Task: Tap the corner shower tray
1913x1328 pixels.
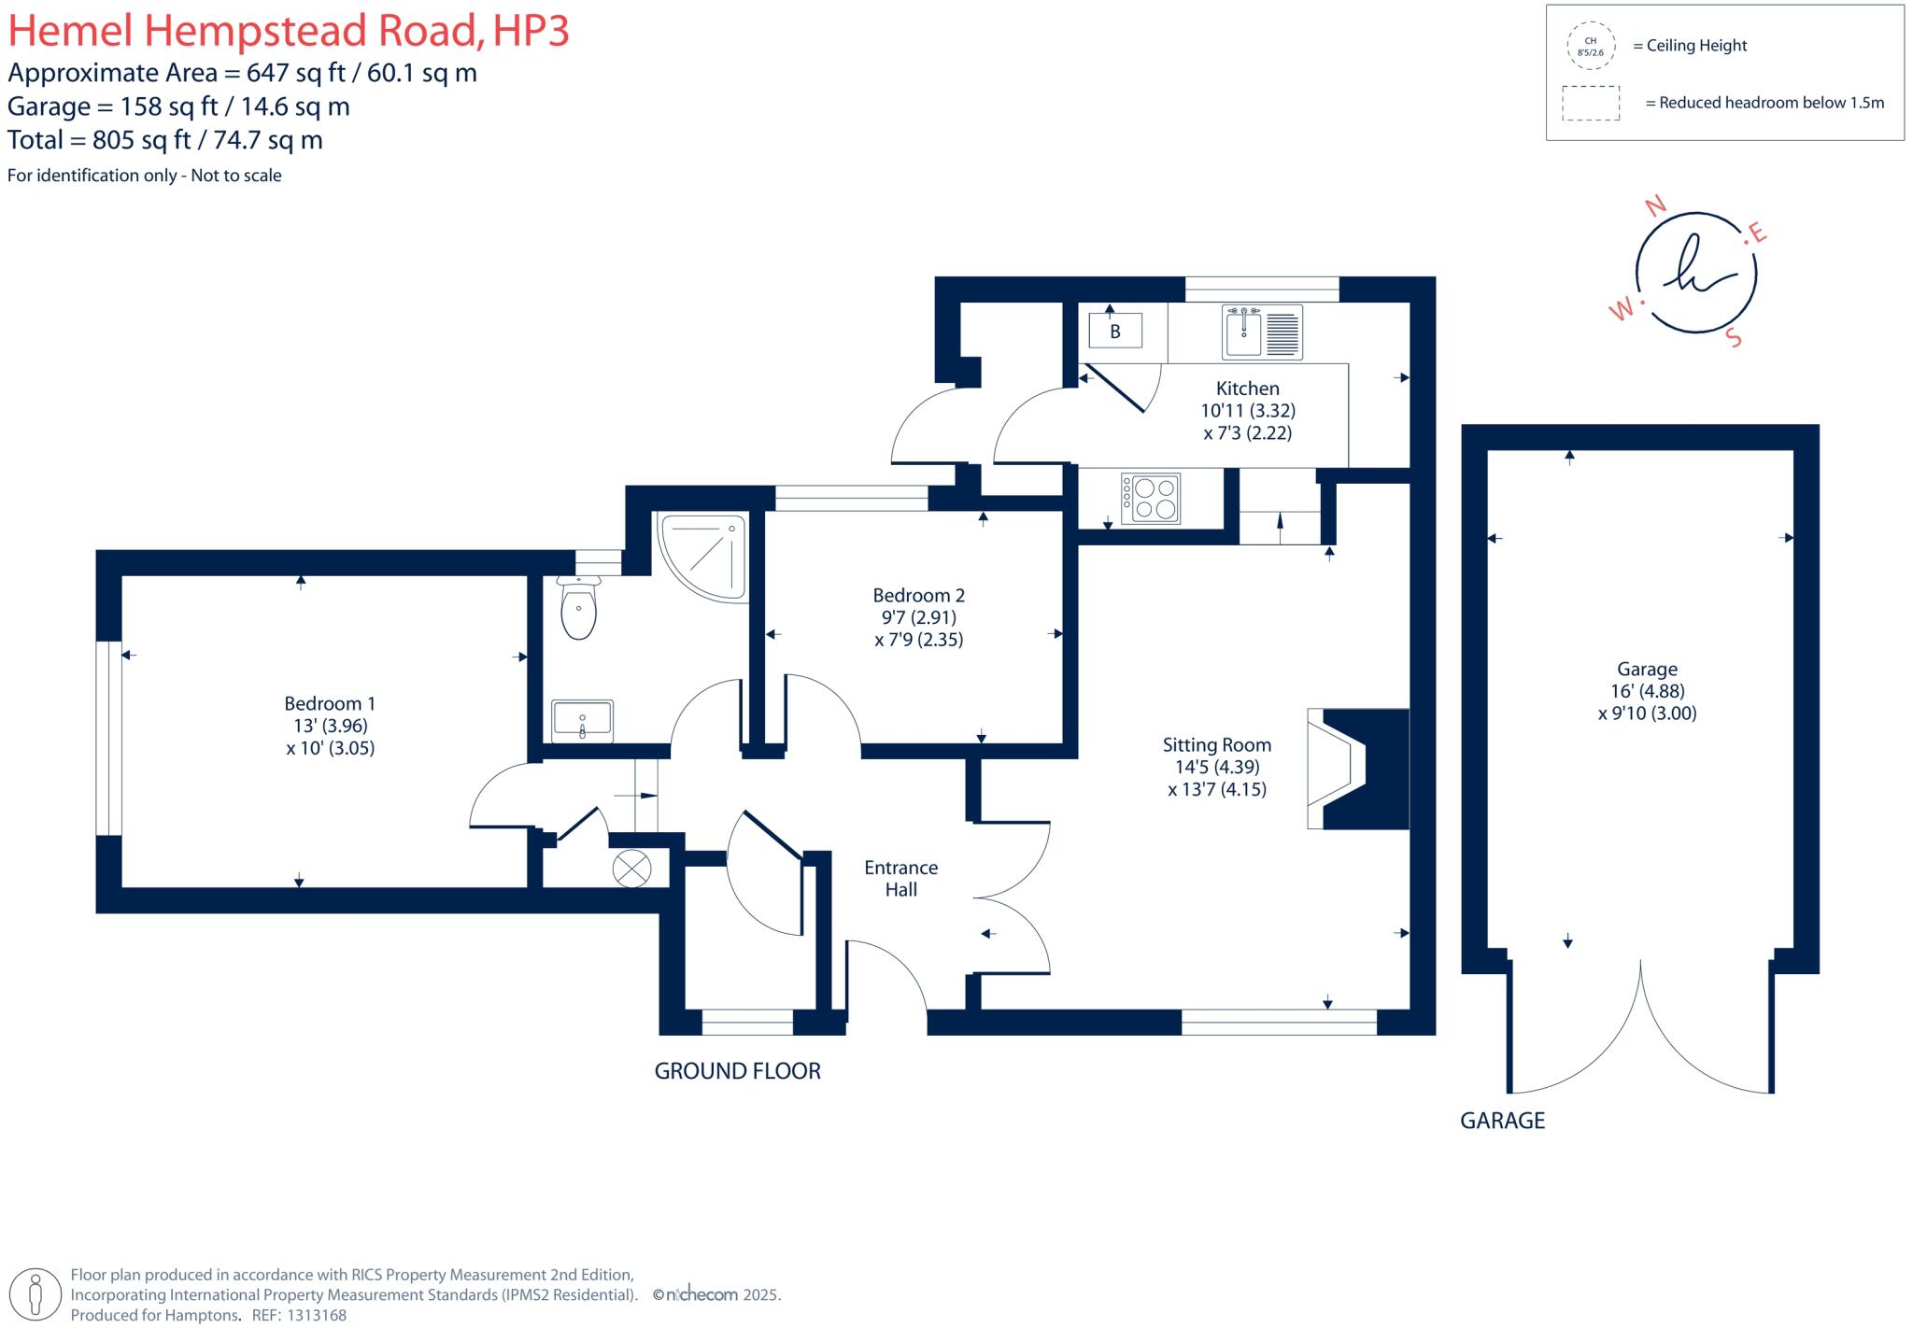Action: (703, 557)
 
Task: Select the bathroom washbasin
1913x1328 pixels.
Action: (582, 721)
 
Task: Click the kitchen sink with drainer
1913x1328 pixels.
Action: (1263, 332)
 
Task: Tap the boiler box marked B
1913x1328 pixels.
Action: (1115, 332)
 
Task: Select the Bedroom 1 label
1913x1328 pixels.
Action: (330, 703)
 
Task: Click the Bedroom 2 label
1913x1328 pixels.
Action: (919, 595)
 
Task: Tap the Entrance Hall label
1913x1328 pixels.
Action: (901, 879)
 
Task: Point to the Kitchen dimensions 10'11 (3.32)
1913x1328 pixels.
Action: (1248, 410)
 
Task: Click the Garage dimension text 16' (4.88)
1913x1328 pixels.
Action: (1648, 691)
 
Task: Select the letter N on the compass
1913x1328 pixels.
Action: (1655, 205)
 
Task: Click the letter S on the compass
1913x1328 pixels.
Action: (1735, 337)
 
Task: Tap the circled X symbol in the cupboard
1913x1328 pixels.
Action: (631, 869)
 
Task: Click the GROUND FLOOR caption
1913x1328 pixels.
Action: (737, 1071)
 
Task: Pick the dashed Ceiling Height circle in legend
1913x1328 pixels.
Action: (1590, 46)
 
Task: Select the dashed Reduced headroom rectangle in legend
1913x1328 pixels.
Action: (1591, 103)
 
